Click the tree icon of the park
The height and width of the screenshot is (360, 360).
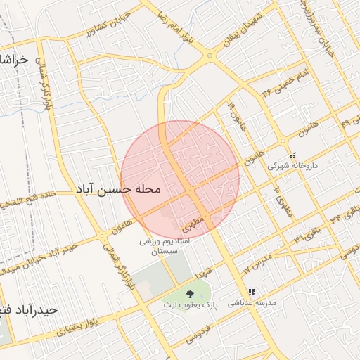(x=189, y=292)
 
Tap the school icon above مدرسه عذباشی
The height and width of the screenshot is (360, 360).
(x=251, y=292)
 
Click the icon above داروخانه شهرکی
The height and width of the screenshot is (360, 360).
(x=293, y=155)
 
